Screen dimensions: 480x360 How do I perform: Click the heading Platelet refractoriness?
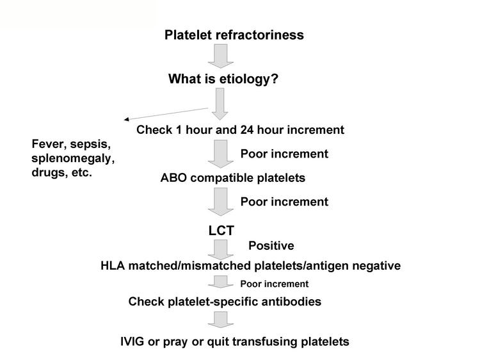[234, 35]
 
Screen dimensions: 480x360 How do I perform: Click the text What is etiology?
[223, 79]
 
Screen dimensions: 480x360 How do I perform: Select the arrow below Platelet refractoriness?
[221, 56]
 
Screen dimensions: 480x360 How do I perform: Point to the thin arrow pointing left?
[166, 113]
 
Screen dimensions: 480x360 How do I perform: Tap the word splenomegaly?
[72, 159]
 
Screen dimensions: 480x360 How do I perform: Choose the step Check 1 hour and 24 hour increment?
[240, 130]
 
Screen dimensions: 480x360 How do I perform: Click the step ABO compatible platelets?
[233, 177]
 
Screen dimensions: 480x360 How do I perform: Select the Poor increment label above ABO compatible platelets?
[284, 154]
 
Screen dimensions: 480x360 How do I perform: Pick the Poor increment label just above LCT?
[284, 202]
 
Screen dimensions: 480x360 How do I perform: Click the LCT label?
[221, 231]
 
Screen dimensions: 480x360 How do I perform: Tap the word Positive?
[271, 246]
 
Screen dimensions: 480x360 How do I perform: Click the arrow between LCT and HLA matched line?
[221, 250]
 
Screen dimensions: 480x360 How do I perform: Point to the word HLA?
[113, 266]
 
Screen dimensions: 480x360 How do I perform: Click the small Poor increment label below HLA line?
[275, 284]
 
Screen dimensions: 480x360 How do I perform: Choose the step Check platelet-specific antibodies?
[225, 302]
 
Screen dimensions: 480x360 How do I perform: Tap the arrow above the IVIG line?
[221, 320]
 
